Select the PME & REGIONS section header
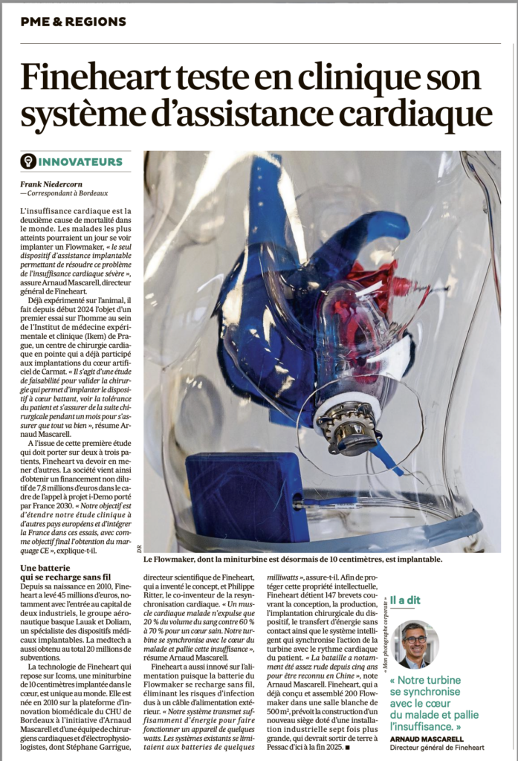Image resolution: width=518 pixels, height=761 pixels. click(x=74, y=22)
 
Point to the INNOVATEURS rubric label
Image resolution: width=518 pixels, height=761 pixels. click(x=80, y=161)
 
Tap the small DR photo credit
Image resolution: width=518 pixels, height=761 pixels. click(x=138, y=549)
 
